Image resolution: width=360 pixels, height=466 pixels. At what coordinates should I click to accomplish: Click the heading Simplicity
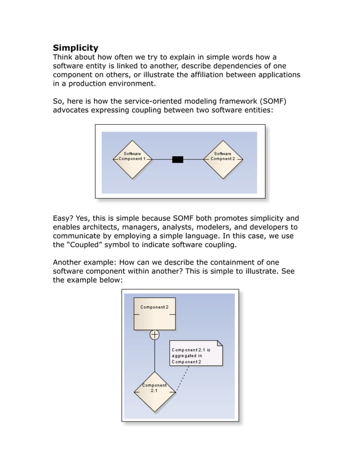75,48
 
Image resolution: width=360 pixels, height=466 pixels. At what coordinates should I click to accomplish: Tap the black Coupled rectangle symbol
177,160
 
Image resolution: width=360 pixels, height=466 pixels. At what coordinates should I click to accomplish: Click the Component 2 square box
154,314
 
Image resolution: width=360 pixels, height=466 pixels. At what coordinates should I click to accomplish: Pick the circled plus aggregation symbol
154,335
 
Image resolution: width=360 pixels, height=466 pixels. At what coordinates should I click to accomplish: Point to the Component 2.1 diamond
154,391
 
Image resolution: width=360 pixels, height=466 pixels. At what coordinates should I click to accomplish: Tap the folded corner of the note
219,343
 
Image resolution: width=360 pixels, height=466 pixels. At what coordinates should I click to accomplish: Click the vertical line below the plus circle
154,355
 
